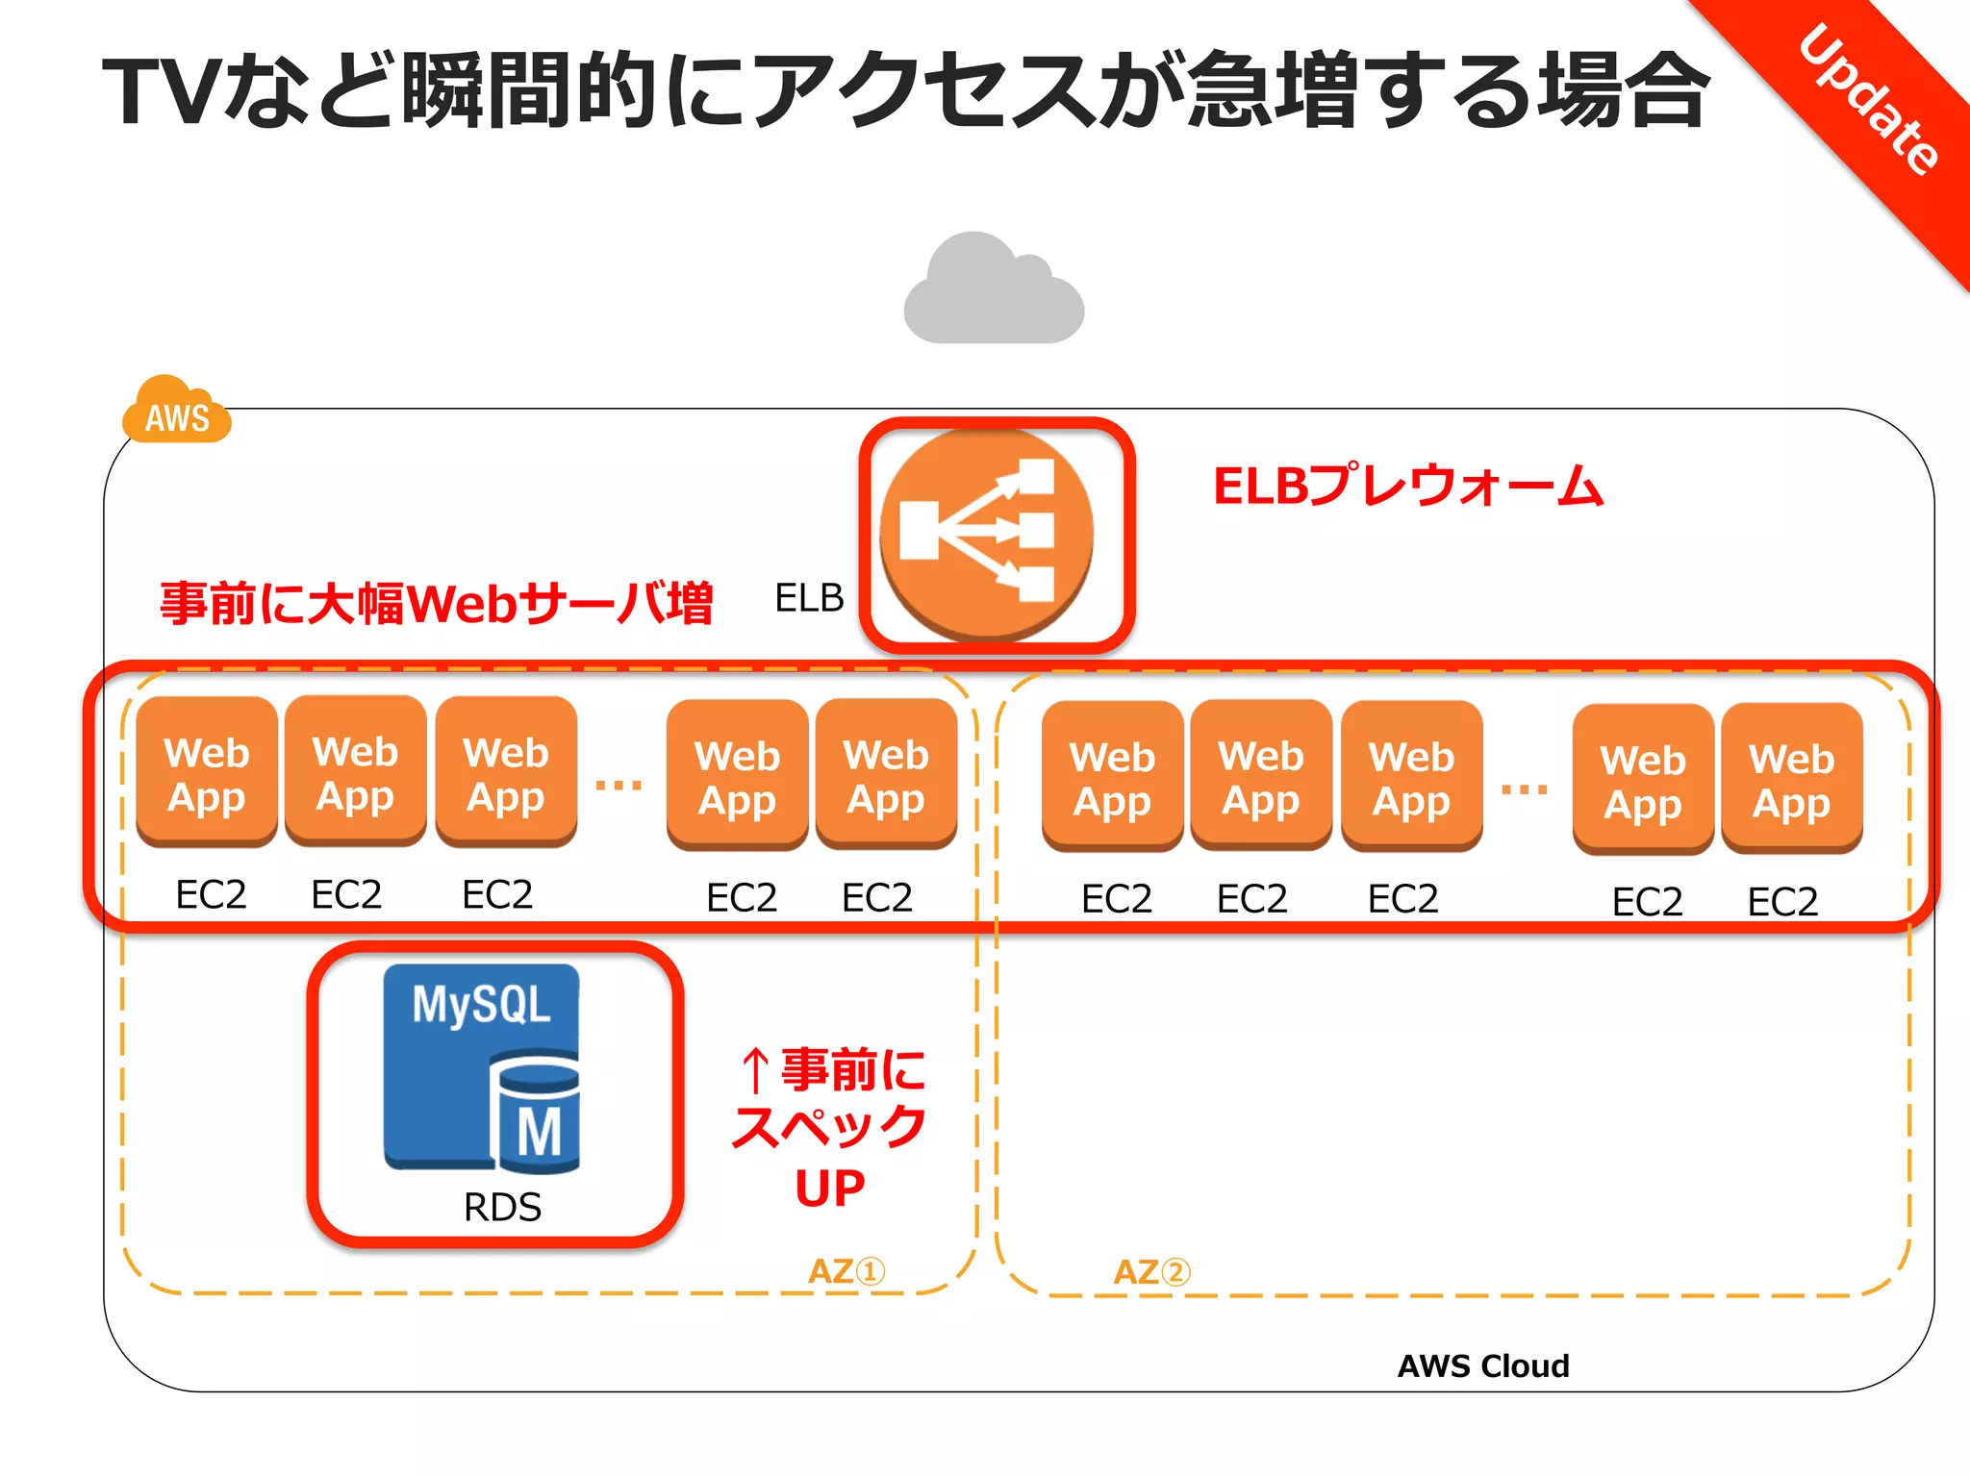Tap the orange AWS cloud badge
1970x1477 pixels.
(x=177, y=413)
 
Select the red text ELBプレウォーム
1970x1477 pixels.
(x=1407, y=487)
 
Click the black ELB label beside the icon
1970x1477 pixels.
(x=808, y=598)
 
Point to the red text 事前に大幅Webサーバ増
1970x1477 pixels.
(x=436, y=604)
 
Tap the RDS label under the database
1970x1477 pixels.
(x=502, y=1208)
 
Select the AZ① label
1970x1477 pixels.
(x=846, y=1271)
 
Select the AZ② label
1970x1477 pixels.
(x=1151, y=1272)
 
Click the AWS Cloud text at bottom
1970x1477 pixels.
(x=1482, y=1365)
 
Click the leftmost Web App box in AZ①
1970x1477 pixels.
(x=207, y=773)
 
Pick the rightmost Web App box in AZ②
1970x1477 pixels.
(x=1791, y=779)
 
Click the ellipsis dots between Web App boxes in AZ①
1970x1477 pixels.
(x=619, y=786)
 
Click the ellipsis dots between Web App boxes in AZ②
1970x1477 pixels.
(x=1525, y=789)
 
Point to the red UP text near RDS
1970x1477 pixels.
(x=829, y=1189)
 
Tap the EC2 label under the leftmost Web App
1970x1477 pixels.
(x=211, y=895)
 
